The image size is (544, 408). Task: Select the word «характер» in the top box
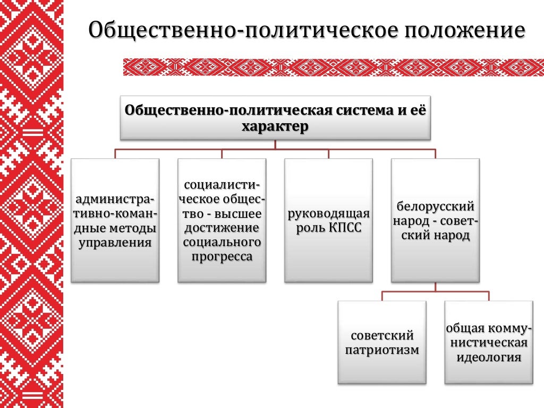pos(275,127)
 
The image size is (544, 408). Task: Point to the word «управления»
pos(115,243)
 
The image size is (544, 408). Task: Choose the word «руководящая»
pos(328,215)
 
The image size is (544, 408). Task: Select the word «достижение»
pos(222,228)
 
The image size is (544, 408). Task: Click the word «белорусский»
pos(435,207)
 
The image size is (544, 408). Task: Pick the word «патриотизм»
pos(382,350)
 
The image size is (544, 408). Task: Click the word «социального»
pos(222,243)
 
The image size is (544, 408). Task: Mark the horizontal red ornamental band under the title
pos(334,67)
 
